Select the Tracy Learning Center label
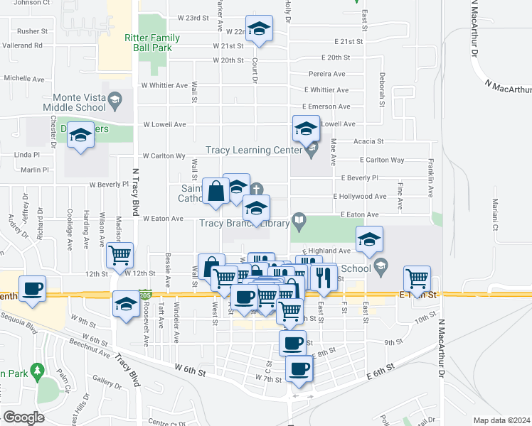point(248,150)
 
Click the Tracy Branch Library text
point(244,224)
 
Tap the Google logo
point(23,417)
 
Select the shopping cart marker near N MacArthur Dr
point(417,278)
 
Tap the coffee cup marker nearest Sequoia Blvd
point(33,289)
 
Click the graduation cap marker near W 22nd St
point(259,29)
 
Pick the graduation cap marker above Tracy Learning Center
point(307,129)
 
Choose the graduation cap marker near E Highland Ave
point(370,240)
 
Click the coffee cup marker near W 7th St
point(299,368)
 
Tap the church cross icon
point(257,189)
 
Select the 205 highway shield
point(145,293)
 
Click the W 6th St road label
point(190,371)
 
